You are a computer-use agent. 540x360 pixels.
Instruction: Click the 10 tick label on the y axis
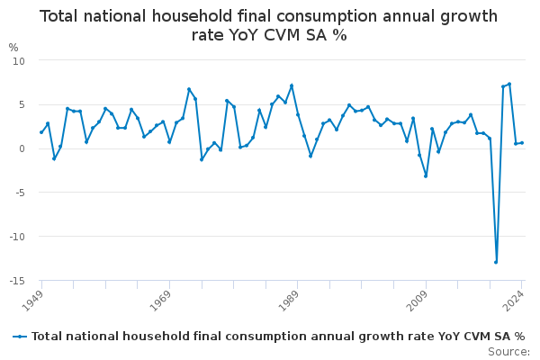coord(19,60)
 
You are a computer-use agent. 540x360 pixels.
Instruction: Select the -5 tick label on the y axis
coord(19,193)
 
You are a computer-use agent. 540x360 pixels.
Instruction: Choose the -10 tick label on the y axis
coord(16,237)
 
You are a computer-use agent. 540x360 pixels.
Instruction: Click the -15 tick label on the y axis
coord(16,281)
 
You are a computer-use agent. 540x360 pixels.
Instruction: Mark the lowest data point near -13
coord(496,262)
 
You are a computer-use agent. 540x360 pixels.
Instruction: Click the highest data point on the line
coord(509,85)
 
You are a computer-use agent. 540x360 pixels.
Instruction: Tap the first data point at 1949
coord(41,132)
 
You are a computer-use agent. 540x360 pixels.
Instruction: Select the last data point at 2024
coord(522,142)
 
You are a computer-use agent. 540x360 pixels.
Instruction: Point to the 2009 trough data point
coord(426,175)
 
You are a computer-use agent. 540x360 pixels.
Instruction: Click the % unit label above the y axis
coord(13,48)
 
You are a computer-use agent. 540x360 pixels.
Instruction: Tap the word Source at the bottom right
coord(508,352)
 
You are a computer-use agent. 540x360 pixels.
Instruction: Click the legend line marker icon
coord(19,337)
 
